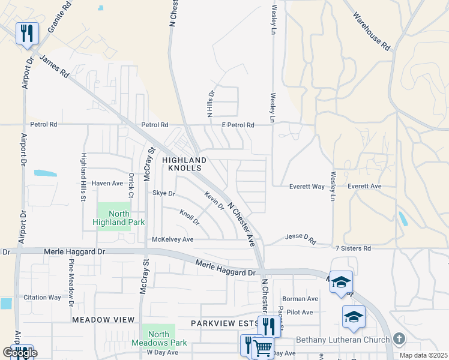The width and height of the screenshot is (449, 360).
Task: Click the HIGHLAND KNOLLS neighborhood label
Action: [x=184, y=164]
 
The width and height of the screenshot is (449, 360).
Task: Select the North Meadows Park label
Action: [x=158, y=338]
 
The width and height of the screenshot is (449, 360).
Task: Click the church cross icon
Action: [x=398, y=339]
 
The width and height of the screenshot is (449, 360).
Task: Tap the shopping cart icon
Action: [x=262, y=348]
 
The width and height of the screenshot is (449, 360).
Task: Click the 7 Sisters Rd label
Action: [x=353, y=248]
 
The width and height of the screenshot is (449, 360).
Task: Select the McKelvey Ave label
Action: [x=173, y=239]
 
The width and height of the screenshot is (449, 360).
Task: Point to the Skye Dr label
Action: [x=163, y=194]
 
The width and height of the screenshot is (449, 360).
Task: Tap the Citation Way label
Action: [x=42, y=298]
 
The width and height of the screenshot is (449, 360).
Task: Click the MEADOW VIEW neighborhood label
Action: [x=103, y=320]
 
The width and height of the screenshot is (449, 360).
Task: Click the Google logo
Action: [x=19, y=353]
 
